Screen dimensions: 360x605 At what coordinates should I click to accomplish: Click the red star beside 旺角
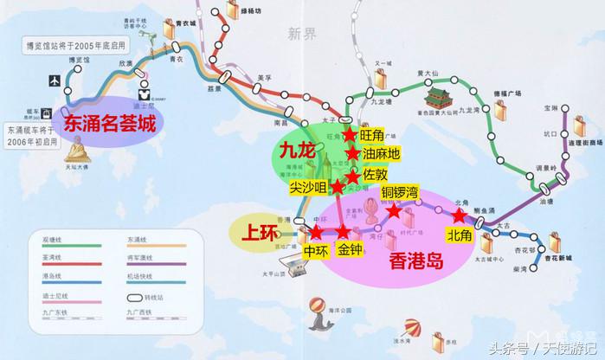click(x=349, y=135)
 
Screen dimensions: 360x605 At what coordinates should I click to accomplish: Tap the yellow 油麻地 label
click(x=382, y=154)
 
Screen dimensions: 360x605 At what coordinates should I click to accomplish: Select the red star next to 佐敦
click(x=353, y=177)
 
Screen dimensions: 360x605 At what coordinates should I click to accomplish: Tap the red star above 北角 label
click(x=459, y=215)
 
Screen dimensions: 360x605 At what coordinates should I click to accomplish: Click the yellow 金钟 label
click(x=351, y=251)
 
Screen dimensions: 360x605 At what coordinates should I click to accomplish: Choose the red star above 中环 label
click(x=316, y=232)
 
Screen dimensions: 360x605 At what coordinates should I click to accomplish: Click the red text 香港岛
click(x=416, y=260)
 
